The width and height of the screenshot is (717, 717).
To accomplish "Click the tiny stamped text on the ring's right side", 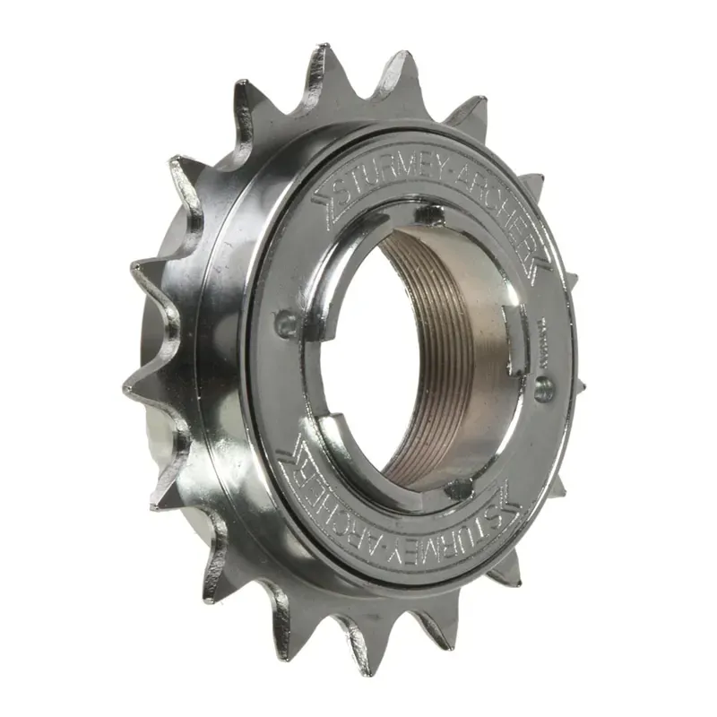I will (544, 336).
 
